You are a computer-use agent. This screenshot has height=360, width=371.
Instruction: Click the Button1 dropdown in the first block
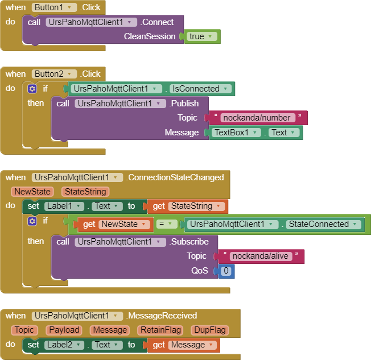click(54, 7)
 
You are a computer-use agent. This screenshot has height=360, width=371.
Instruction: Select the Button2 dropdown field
click(54, 74)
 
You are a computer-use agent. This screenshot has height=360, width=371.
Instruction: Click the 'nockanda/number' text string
click(258, 118)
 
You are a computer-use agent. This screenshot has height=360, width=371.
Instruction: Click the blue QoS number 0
click(226, 271)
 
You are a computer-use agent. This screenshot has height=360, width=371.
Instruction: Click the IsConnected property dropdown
click(201, 89)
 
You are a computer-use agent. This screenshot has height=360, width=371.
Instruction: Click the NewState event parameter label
click(32, 192)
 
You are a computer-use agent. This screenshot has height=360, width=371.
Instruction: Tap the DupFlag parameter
click(209, 330)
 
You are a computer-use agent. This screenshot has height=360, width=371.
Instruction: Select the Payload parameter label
click(64, 330)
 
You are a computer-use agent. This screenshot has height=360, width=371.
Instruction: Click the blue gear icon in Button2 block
click(32, 89)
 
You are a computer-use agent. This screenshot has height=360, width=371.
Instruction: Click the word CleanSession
click(150, 36)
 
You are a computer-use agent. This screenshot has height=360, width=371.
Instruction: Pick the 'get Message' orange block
click(183, 345)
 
